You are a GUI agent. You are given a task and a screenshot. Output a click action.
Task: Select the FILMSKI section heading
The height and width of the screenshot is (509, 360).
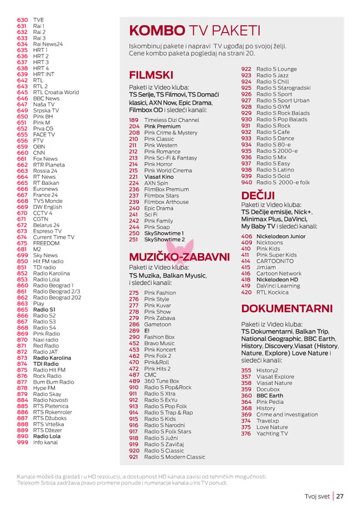click(x=151, y=75)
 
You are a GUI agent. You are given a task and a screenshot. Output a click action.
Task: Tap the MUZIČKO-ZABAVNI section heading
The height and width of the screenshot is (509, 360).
click(x=179, y=257)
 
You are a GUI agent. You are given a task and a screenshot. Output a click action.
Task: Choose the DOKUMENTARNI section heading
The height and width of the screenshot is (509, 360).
click(x=287, y=309)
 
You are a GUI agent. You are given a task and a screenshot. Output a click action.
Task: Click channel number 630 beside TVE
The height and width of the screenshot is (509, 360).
click(x=22, y=20)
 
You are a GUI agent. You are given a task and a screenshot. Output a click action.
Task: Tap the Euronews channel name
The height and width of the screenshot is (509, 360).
click(x=45, y=189)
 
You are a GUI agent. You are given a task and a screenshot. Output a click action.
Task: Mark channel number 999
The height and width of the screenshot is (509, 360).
click(x=22, y=443)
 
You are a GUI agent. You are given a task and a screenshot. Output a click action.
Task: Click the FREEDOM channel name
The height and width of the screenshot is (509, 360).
click(x=46, y=243)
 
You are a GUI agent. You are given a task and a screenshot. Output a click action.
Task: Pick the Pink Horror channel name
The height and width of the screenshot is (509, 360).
click(x=158, y=164)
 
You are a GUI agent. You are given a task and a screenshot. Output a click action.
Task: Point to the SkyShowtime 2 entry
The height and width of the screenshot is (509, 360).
click(x=164, y=239)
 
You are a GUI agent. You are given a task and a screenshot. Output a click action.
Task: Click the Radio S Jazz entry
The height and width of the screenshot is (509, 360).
click(x=272, y=75)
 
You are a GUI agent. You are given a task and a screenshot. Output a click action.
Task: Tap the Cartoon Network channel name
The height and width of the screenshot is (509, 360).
click(x=279, y=274)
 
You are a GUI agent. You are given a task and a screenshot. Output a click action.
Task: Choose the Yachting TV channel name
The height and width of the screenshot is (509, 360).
click(x=272, y=434)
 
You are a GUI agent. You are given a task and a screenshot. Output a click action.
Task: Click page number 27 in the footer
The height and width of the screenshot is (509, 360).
click(x=340, y=496)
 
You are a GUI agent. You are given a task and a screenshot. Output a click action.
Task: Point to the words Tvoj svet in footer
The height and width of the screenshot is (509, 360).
click(x=317, y=496)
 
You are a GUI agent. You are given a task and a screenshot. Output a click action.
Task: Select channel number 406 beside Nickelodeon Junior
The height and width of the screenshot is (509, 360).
click(x=246, y=236)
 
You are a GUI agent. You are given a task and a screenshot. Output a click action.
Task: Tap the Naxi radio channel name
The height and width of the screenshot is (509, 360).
click(x=45, y=340)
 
